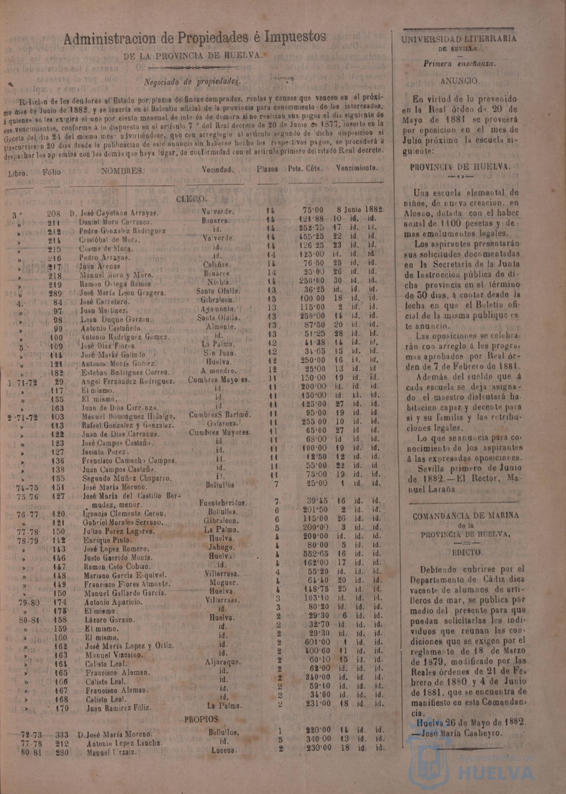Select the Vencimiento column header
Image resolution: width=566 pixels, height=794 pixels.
pyautogui.click(x=357, y=168)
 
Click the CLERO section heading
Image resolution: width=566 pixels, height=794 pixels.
pyautogui.click(x=192, y=199)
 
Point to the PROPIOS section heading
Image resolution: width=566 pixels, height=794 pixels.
pyautogui.click(x=201, y=719)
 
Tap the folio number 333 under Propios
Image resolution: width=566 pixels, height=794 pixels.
pyautogui.click(x=62, y=735)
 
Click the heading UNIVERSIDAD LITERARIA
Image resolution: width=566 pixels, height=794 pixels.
pyautogui.click(x=459, y=39)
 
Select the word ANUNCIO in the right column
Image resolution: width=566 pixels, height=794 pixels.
pyautogui.click(x=460, y=81)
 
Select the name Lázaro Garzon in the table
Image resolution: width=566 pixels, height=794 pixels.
pyautogui.click(x=110, y=620)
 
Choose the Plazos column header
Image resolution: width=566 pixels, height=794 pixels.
pyautogui.click(x=267, y=169)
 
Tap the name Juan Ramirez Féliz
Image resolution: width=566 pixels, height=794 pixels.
pyautogui.click(x=118, y=708)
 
